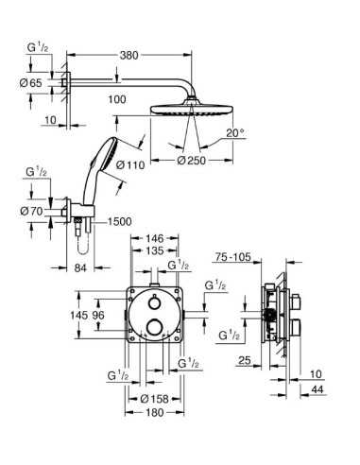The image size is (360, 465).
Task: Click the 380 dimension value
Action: [x=129, y=55]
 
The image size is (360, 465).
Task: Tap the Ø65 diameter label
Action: [x=30, y=83]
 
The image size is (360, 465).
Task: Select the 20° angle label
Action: [x=235, y=133]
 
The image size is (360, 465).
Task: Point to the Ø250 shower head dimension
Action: [x=192, y=161]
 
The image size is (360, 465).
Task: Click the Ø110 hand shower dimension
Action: [x=130, y=164]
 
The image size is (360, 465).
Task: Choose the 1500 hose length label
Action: [x=119, y=221]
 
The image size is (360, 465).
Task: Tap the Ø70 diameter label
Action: [x=31, y=211]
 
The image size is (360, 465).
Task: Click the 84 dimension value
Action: [x=80, y=268]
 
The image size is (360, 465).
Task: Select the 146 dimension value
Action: [x=155, y=238]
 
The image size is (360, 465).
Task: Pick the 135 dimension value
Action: [x=155, y=250]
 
